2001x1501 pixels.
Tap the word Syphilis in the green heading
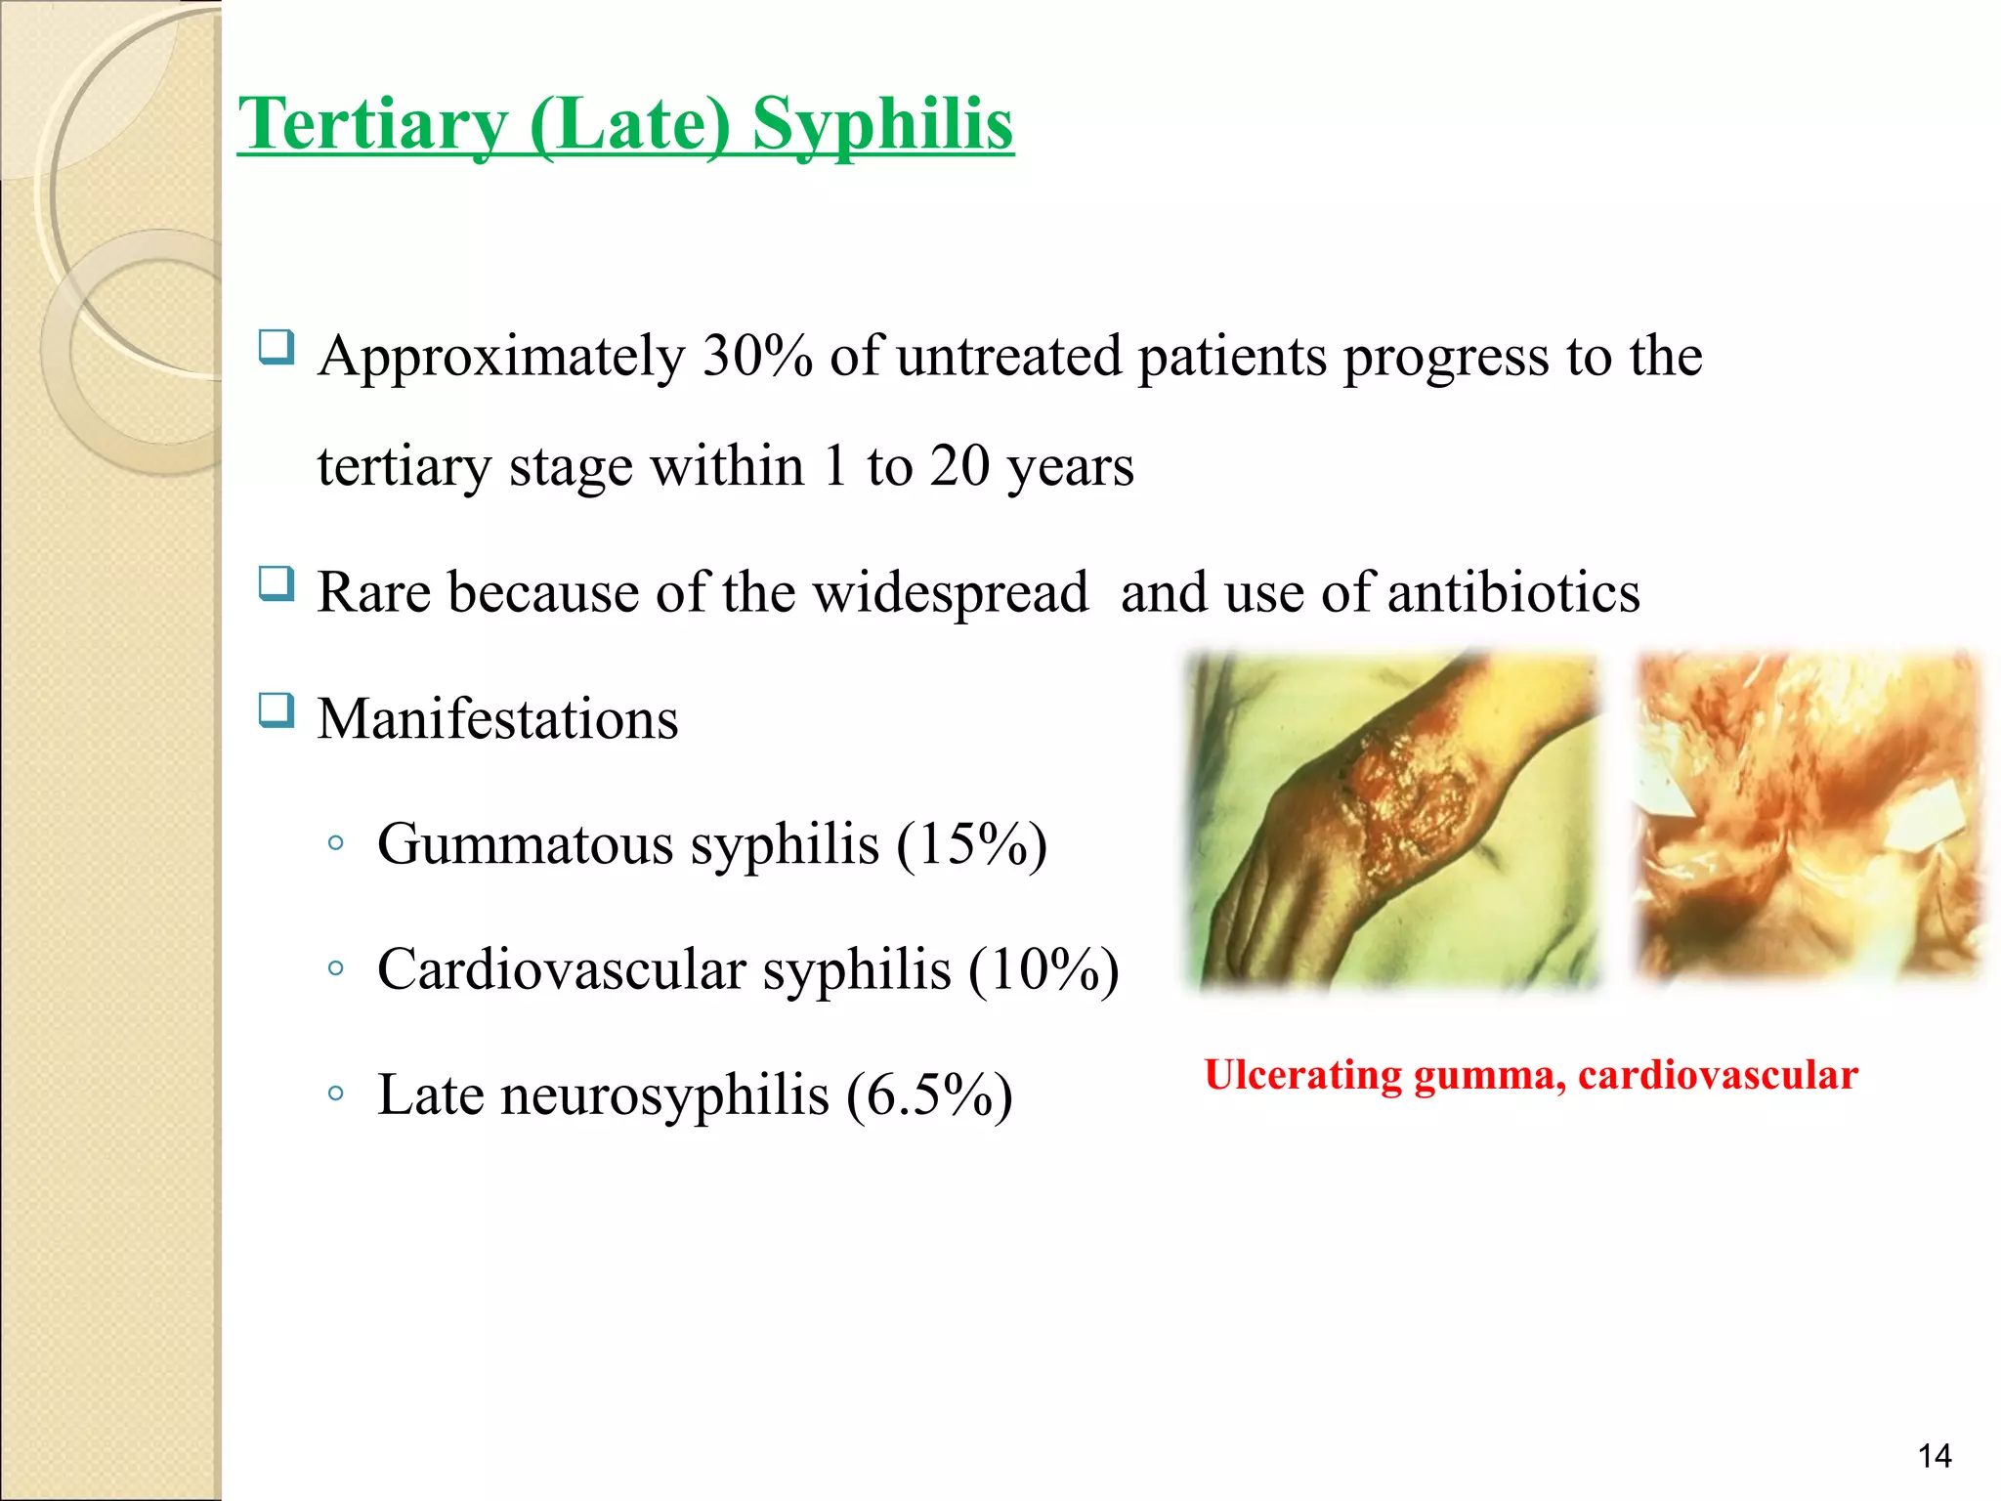[x=882, y=125]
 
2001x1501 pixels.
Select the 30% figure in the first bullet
[x=757, y=356]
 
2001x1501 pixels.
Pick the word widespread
[x=950, y=592]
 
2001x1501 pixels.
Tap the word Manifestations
[x=497, y=719]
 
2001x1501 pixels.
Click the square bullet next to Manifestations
[x=277, y=710]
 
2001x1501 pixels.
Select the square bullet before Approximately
[x=277, y=347]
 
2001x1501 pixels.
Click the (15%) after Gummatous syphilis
[x=971, y=844]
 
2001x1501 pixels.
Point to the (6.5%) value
[x=929, y=1094]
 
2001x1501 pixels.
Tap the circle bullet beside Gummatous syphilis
[x=336, y=843]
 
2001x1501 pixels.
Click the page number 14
[x=1934, y=1456]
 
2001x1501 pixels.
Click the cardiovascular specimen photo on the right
[x=1808, y=816]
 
